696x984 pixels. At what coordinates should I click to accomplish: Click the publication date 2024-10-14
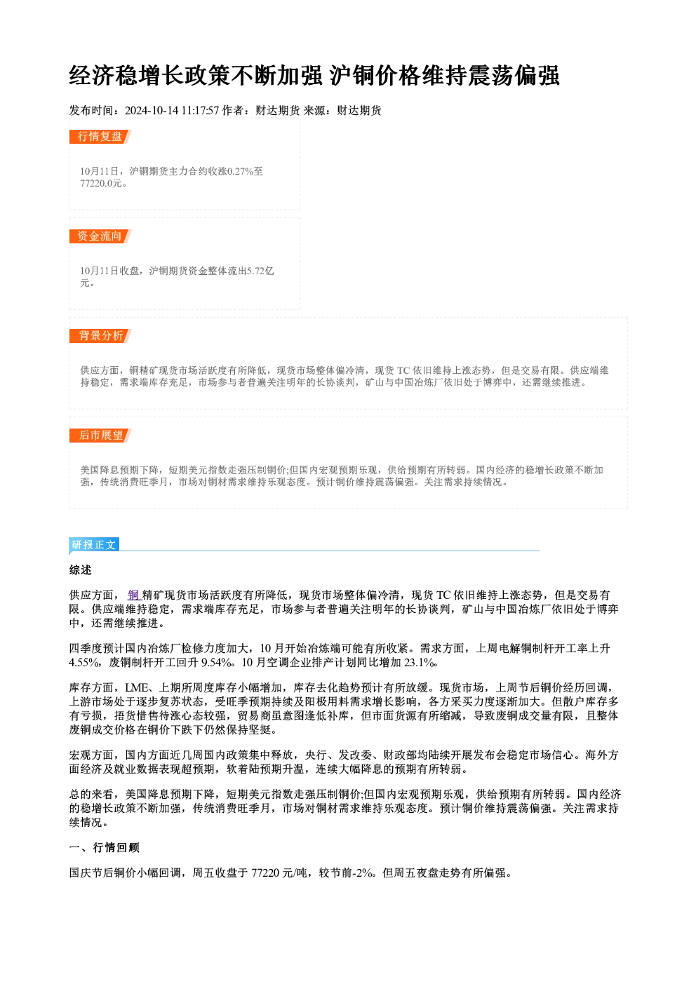pos(151,110)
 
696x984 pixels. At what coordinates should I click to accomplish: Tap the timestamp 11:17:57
pos(200,110)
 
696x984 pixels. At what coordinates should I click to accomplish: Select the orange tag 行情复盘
pos(100,137)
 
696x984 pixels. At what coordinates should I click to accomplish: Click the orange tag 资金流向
pos(100,236)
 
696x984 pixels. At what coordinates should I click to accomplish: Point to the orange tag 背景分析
pos(100,336)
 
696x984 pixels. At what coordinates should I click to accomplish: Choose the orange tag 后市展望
pos(100,436)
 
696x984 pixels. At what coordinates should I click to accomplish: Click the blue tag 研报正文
pos(94,545)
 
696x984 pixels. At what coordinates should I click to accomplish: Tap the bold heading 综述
pos(81,570)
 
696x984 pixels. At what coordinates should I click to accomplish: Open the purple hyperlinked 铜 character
pos(133,595)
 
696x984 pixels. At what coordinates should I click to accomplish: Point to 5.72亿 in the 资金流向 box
pos(260,271)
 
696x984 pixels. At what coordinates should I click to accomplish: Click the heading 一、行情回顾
pos(105,848)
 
